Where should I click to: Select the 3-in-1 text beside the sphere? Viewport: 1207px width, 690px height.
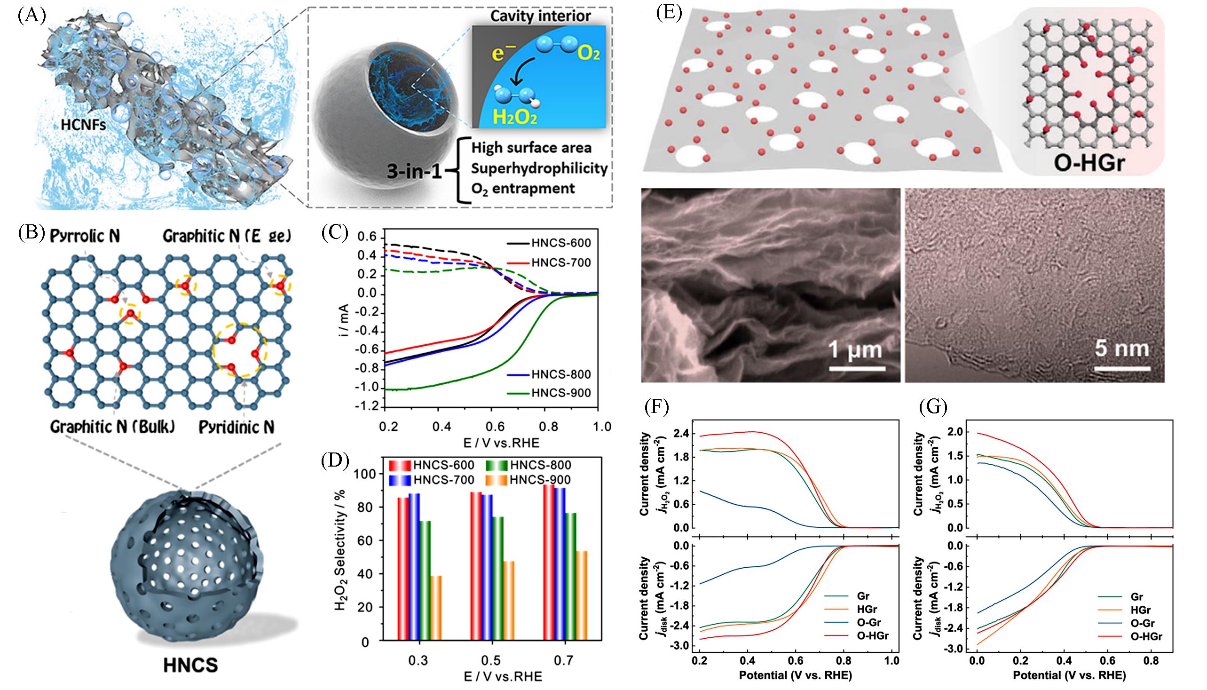coord(414,171)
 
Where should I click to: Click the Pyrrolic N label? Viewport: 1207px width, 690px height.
coord(85,236)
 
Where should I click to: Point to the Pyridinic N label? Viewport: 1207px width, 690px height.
coord(237,428)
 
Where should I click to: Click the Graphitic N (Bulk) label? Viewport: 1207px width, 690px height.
coord(112,428)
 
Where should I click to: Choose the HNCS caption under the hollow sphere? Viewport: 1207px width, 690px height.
coord(190,666)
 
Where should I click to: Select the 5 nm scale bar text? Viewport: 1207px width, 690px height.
coord(1122,349)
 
